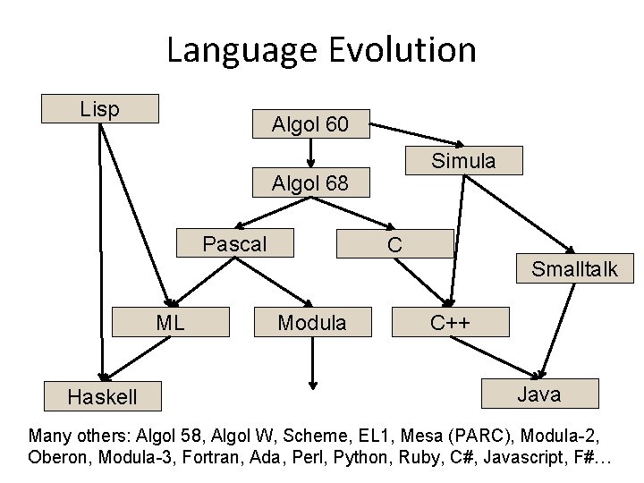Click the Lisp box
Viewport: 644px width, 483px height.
click(x=101, y=108)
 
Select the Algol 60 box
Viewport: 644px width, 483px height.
click(x=310, y=123)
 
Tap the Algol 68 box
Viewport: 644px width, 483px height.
click(x=310, y=183)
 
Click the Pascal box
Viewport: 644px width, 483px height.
click(x=235, y=243)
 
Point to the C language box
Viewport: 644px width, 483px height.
click(x=394, y=243)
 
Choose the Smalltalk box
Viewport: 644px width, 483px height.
click(x=574, y=267)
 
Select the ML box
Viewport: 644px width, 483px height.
click(x=170, y=322)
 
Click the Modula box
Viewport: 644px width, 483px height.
click(x=311, y=322)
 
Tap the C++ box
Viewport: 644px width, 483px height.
click(x=451, y=322)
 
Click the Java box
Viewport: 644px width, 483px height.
click(x=539, y=394)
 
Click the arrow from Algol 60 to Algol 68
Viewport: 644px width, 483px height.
click(x=310, y=153)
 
